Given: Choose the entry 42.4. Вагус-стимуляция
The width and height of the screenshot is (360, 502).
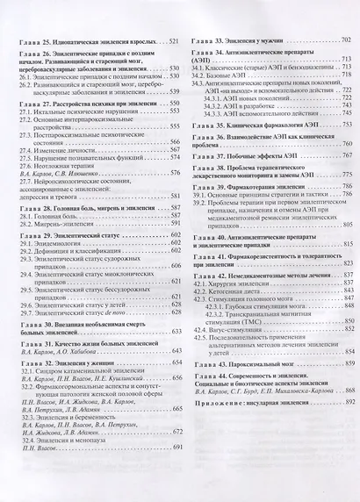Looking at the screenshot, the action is coord(239,331).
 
